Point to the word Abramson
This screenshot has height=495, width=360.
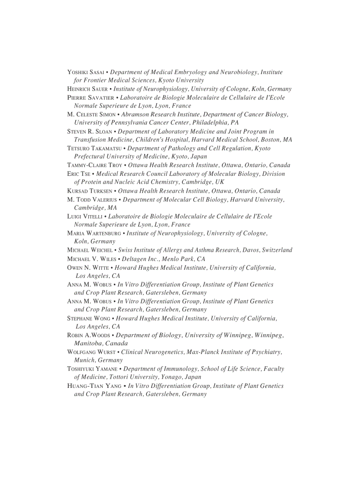[x=135, y=115]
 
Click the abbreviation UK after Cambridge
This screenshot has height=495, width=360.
[x=220, y=182]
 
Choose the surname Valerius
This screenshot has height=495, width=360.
[x=103, y=200]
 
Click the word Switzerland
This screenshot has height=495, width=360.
[x=277, y=250]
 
